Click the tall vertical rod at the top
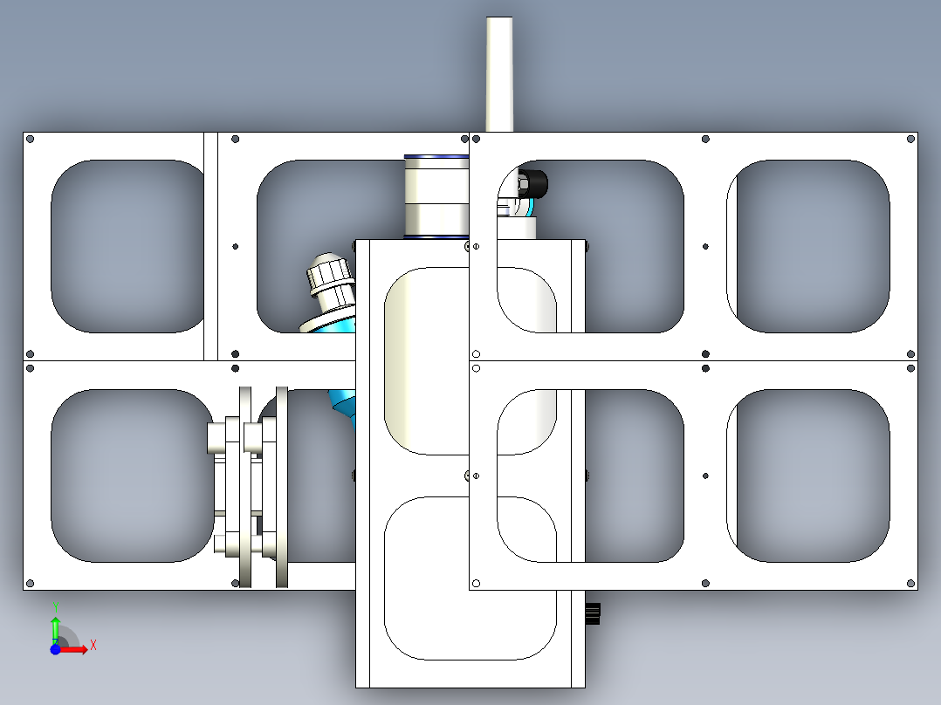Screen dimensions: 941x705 point(499,74)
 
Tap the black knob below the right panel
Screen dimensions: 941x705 point(593,613)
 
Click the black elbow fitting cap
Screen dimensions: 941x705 point(532,183)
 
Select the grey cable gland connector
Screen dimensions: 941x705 point(330,282)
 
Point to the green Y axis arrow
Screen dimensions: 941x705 point(55,629)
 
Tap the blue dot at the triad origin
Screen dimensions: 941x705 point(55,649)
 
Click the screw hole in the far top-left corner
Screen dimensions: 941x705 point(31,140)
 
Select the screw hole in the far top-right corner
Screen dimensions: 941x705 point(910,140)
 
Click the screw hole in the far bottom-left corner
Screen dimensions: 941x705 point(31,583)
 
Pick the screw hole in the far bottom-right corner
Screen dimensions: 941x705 point(910,583)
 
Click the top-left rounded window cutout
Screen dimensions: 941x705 point(127,246)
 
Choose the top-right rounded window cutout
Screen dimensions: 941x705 point(808,246)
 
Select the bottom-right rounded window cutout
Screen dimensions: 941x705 point(808,476)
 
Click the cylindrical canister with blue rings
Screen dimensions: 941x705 point(436,197)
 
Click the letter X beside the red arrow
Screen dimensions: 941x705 point(93,646)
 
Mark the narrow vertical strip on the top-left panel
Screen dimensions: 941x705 point(210,246)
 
